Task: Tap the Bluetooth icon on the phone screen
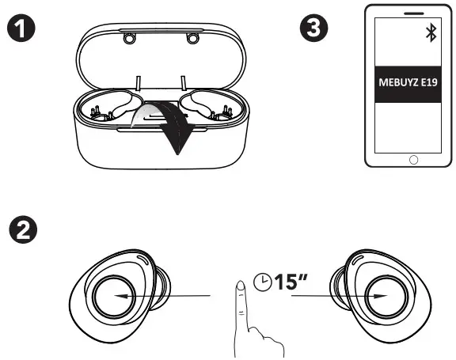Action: (x=431, y=32)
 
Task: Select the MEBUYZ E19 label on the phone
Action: (x=412, y=81)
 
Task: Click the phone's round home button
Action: (x=412, y=158)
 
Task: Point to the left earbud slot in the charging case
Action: (x=108, y=109)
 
